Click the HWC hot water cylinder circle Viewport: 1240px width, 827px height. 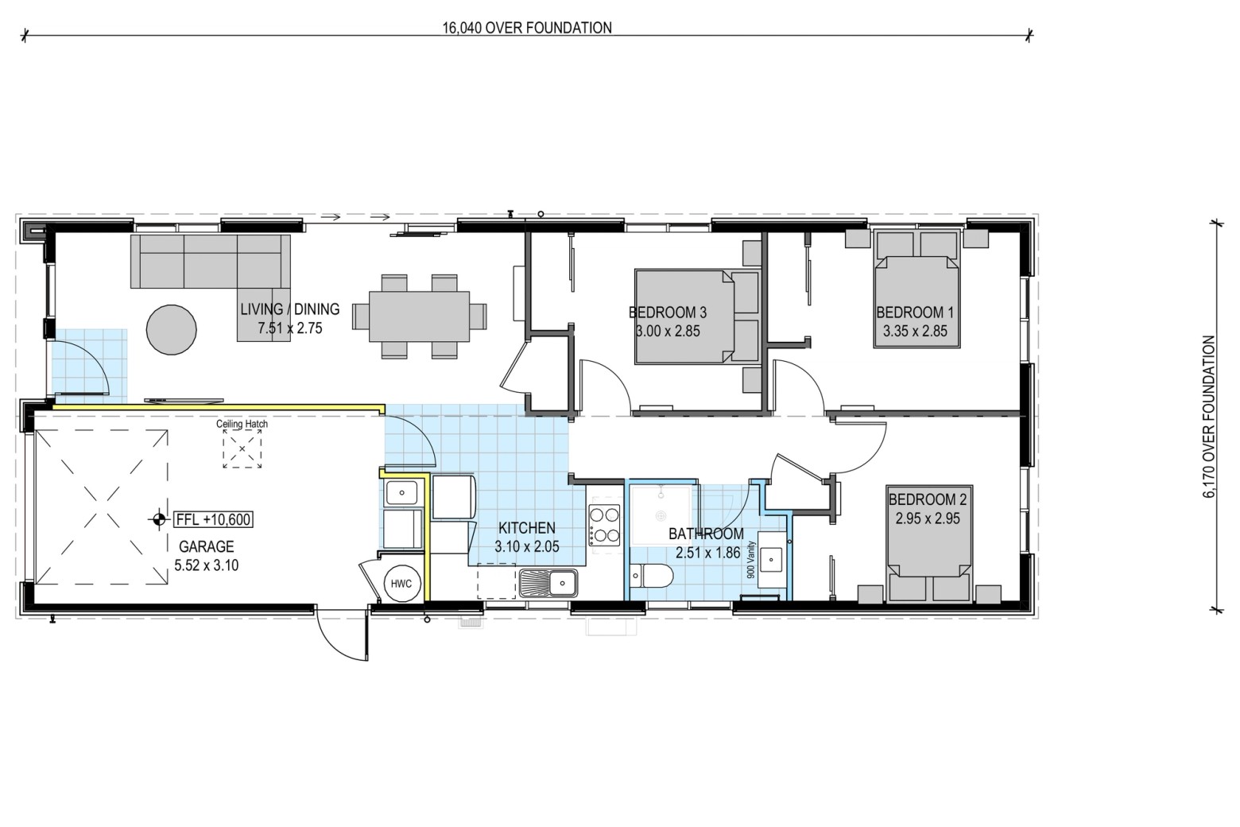click(402, 584)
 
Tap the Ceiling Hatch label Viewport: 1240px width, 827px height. click(242, 424)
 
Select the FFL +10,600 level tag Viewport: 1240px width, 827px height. click(213, 519)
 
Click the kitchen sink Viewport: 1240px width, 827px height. click(548, 583)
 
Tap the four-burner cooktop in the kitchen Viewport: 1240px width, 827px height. click(604, 525)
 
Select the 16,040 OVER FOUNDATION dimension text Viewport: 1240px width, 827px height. click(527, 28)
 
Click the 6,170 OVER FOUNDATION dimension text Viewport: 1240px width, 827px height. click(1209, 417)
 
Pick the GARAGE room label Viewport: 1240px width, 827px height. click(207, 547)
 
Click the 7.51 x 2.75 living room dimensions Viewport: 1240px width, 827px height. click(290, 328)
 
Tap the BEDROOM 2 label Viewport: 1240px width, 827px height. click(928, 499)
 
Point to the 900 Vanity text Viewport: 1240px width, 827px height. click(751, 560)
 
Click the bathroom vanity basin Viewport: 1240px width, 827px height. click(770, 560)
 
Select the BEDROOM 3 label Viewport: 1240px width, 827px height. click(668, 313)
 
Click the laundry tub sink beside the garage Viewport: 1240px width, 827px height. click(401, 492)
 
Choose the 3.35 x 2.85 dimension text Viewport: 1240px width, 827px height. click(915, 332)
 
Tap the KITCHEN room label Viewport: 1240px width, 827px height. click(527, 528)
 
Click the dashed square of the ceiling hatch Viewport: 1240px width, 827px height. click(242, 448)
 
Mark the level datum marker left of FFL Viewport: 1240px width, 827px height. click(159, 519)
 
